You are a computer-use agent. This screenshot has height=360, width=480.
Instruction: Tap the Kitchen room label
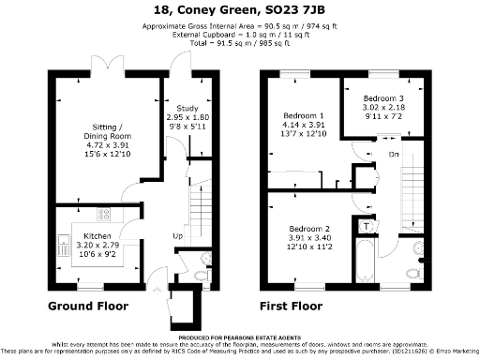tap(98, 236)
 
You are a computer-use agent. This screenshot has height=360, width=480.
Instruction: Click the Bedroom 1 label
tap(303, 116)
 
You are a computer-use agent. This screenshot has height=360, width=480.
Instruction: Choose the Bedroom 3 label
tap(383, 98)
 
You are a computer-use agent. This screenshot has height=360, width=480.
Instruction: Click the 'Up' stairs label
tap(177, 235)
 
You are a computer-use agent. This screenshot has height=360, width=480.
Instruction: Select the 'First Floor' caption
tap(293, 306)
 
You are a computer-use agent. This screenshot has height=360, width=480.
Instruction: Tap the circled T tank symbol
tap(367, 225)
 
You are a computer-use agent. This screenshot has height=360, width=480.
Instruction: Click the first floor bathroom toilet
tap(413, 272)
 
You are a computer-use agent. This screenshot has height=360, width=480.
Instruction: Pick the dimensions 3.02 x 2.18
tap(383, 109)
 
